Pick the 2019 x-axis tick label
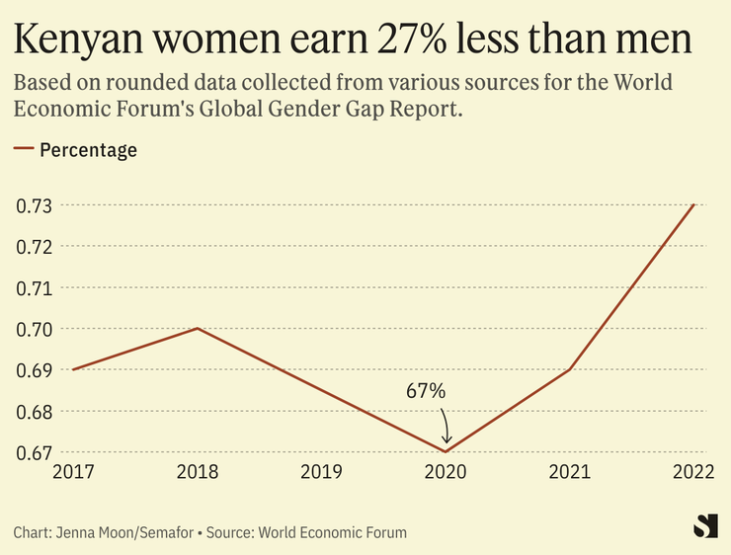(x=321, y=473)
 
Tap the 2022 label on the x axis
(x=694, y=473)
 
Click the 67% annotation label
(x=426, y=391)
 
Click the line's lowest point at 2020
(x=447, y=451)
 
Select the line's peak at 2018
(x=198, y=328)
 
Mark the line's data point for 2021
(x=570, y=369)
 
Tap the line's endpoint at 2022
(x=694, y=204)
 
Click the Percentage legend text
(x=88, y=151)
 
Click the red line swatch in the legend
(x=24, y=151)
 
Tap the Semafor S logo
(x=704, y=526)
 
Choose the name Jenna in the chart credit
(x=74, y=533)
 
